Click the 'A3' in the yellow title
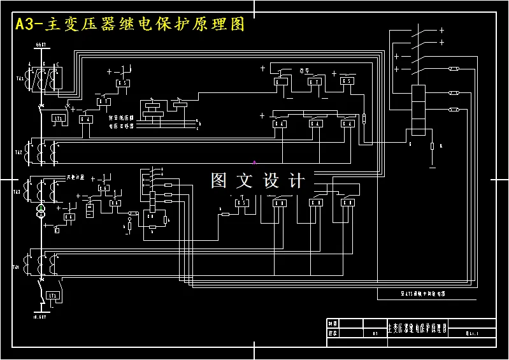tap(28, 25)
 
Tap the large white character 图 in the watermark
tap(220, 181)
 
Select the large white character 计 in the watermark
tap(297, 181)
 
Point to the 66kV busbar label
tap(40, 45)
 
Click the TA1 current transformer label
tap(18, 79)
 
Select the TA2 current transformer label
tap(18, 153)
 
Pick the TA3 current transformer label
tap(17, 191)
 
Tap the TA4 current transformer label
tap(16, 267)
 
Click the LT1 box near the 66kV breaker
tap(59, 119)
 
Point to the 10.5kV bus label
tap(39, 317)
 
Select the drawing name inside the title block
tap(417, 328)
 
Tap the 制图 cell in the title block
tap(332, 323)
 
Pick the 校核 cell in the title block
tap(332, 333)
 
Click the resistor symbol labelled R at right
tap(432, 147)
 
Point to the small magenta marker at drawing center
tap(254, 162)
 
